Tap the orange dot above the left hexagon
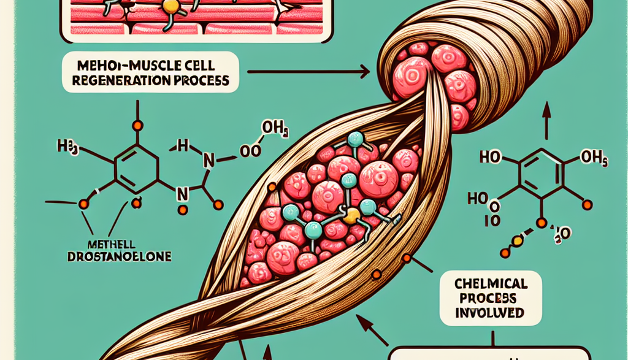pos(137,126)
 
